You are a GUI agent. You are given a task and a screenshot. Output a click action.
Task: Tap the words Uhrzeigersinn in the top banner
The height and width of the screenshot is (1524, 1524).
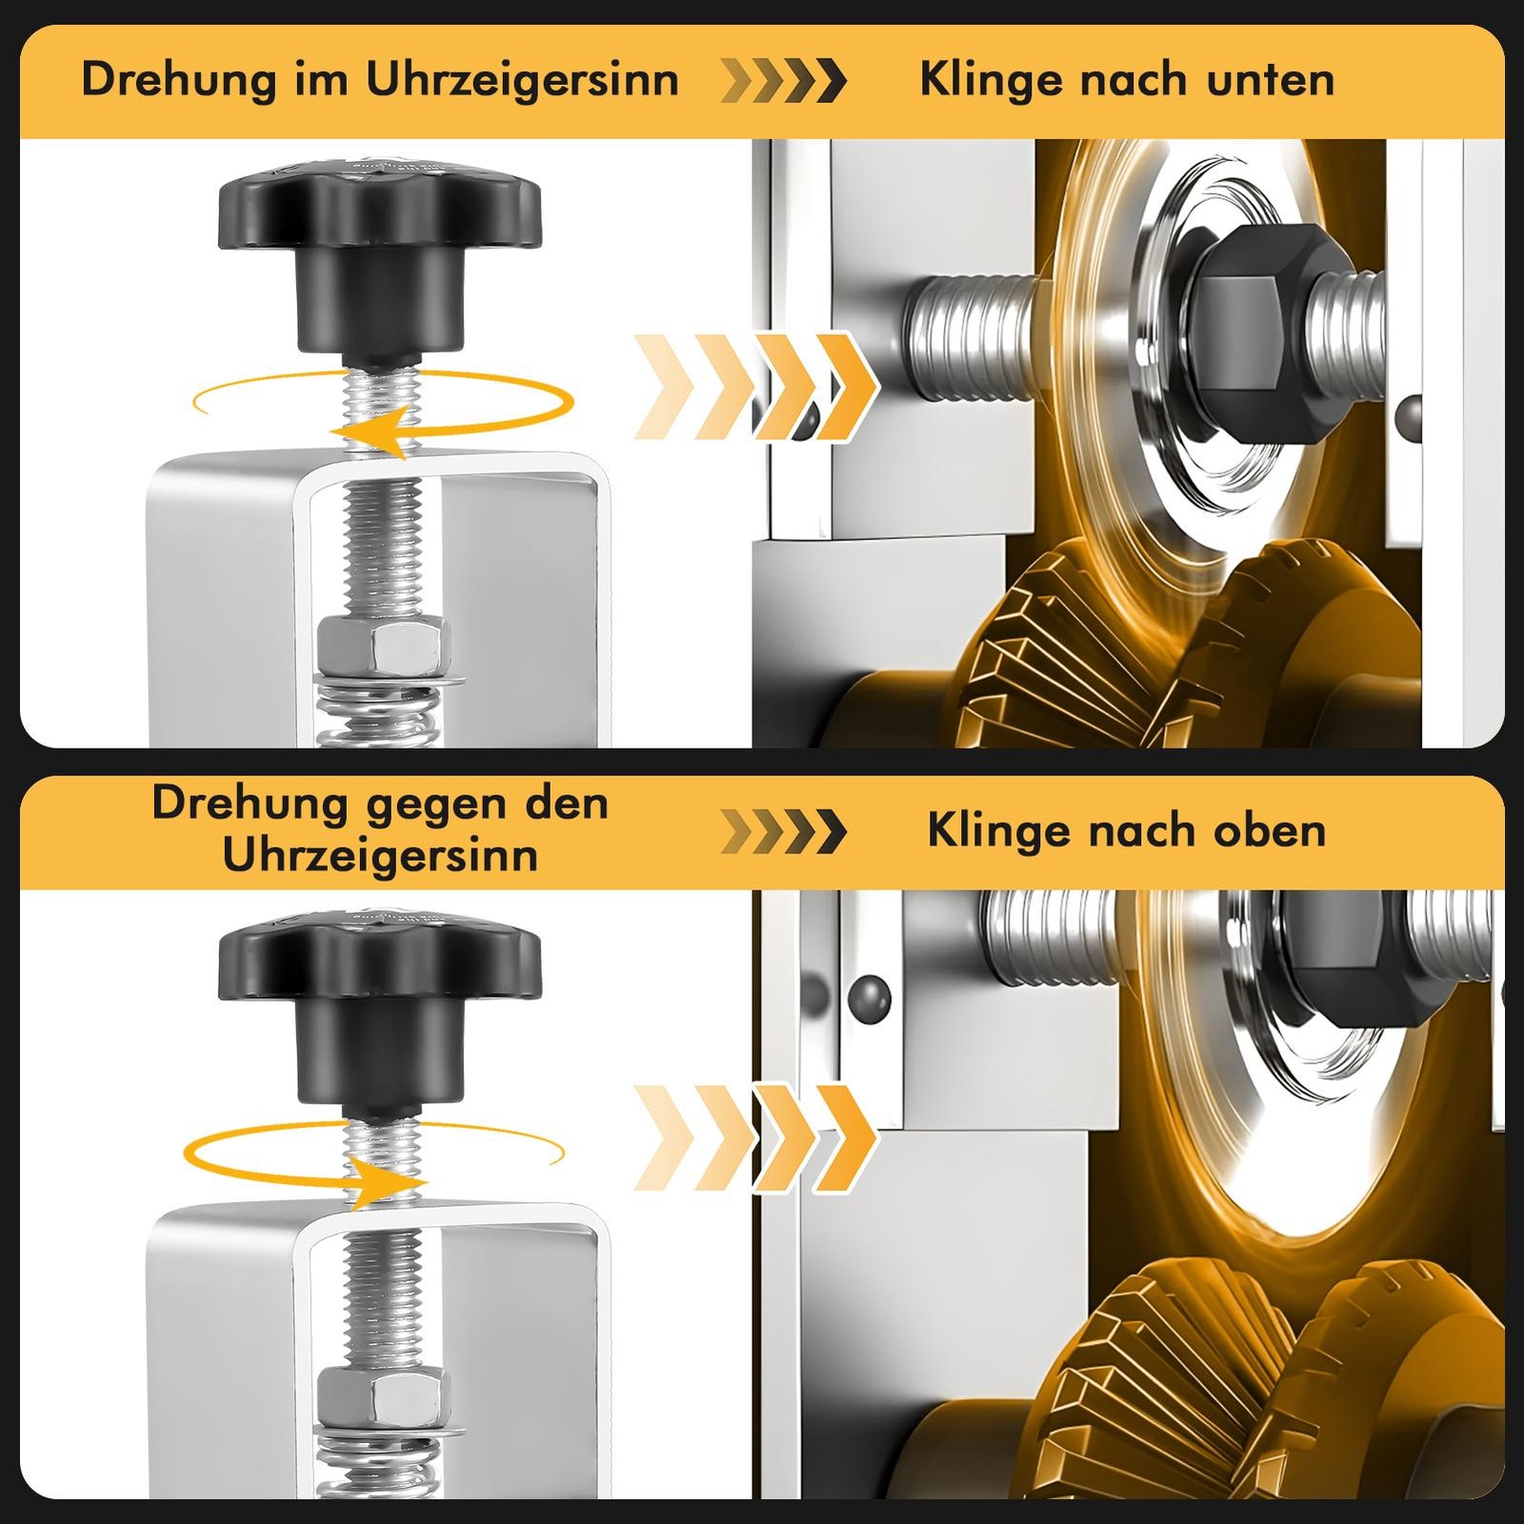(x=522, y=80)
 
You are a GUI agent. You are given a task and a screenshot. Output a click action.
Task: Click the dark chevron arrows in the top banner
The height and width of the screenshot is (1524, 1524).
(x=783, y=80)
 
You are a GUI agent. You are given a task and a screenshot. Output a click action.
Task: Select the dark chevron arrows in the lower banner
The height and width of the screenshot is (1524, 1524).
(x=783, y=831)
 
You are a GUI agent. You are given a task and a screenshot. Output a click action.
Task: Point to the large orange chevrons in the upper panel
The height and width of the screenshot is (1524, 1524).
(x=755, y=387)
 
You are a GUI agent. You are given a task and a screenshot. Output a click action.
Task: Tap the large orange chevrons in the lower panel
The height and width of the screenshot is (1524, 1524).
(x=755, y=1137)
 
